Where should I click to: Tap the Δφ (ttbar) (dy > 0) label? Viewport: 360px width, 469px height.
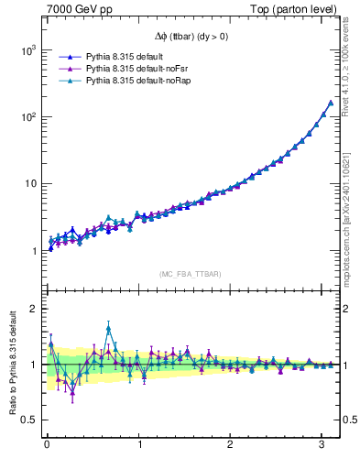tap(191, 37)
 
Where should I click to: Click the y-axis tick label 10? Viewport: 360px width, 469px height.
tap(28, 183)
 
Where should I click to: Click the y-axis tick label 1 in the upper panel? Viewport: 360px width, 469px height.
tap(32, 250)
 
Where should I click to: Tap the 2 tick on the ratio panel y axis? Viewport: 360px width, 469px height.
tap(32, 309)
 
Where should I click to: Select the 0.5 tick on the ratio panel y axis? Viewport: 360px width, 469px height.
tap(27, 420)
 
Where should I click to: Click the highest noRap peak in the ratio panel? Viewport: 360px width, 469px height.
tap(108, 327)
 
